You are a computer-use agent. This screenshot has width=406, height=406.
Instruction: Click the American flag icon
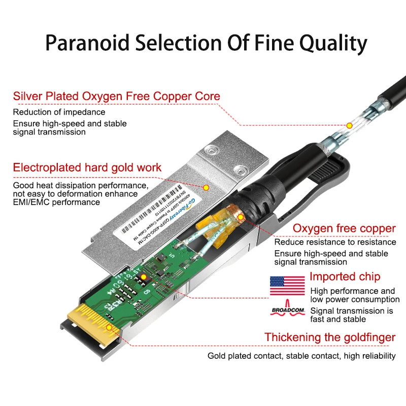coord(287,286)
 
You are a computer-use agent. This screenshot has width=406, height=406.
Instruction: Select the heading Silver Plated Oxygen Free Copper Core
coord(117,96)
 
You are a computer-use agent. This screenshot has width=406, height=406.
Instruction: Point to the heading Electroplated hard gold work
coord(87,167)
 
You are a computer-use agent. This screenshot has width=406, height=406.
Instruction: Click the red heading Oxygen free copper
coord(344,228)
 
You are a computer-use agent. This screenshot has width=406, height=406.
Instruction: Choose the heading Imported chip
coord(345,277)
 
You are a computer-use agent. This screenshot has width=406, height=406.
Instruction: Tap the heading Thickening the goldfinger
coord(330,337)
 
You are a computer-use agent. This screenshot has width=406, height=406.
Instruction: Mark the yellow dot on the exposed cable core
coord(349,125)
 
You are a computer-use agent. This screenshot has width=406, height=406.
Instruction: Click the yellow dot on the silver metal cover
coord(206,187)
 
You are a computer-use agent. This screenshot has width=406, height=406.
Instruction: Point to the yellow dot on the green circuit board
coord(143,277)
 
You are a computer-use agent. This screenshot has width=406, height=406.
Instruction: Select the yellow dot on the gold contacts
coord(109,328)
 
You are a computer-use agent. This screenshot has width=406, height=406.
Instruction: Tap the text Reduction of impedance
coord(59,112)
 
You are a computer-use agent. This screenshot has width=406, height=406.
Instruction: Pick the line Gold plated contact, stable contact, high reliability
coord(301,356)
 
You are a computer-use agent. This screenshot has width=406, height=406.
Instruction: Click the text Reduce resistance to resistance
coord(335,242)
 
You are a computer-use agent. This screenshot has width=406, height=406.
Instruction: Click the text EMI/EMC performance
coord(56,202)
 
